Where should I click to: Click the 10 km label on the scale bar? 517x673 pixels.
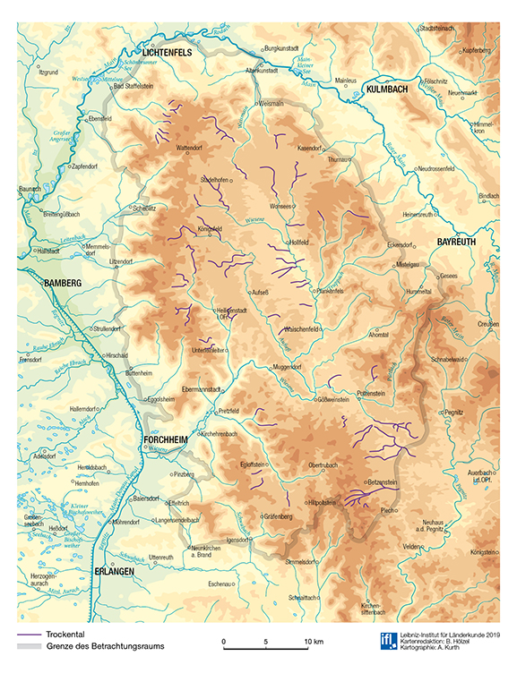click(312, 643)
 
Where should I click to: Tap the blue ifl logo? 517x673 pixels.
click(388, 639)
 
